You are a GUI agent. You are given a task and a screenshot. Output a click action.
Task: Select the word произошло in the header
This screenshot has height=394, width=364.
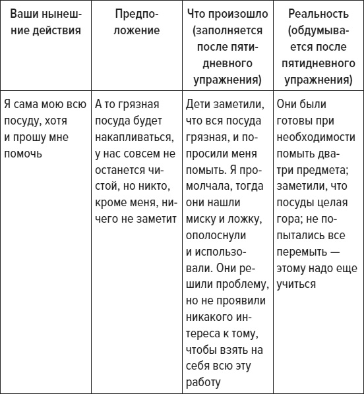point(244,14)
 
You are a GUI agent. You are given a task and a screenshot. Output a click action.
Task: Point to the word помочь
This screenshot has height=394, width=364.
point(22,154)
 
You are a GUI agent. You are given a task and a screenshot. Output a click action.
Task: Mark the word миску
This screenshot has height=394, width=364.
point(201,219)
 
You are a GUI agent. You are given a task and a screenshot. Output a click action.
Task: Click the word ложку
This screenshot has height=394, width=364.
point(245,219)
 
